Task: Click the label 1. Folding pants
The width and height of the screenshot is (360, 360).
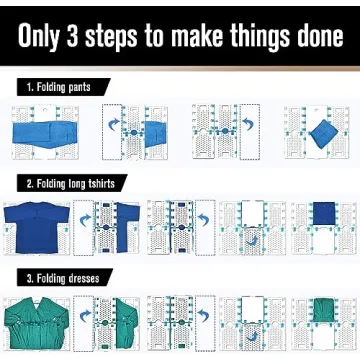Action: [x=61, y=88]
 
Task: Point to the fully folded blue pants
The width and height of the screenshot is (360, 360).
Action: [x=318, y=131]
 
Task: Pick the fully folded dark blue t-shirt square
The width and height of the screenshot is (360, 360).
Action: [x=322, y=215]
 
